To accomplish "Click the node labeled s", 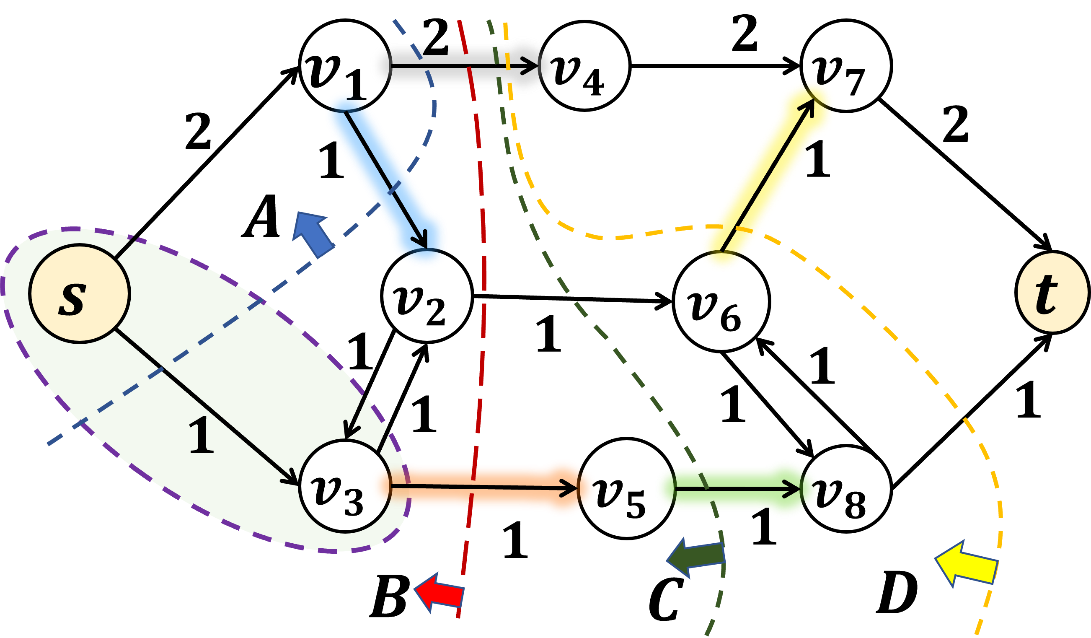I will click(x=80, y=294).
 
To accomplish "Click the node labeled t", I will click(x=1052, y=293).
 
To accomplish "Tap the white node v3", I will click(x=345, y=486).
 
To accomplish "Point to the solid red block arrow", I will click(x=440, y=593).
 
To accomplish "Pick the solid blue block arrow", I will click(x=313, y=234).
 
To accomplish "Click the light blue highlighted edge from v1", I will click(x=385, y=182).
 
